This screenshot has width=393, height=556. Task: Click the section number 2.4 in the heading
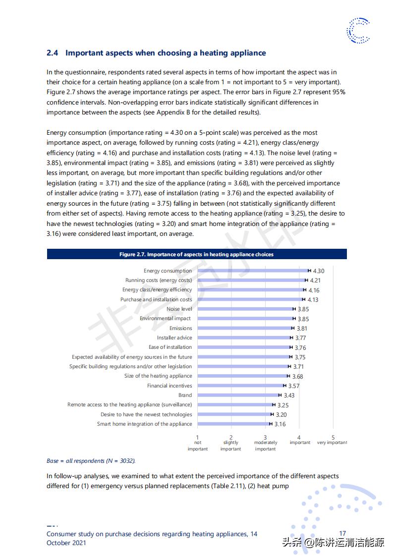53,53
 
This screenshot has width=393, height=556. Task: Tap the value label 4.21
315,280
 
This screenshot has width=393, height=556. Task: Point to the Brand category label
185,395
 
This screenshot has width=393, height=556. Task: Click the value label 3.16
280,424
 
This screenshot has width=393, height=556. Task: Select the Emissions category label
180,329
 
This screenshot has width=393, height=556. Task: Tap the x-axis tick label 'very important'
332,443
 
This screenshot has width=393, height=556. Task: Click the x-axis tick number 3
265,437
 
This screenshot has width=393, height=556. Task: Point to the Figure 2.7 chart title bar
197,255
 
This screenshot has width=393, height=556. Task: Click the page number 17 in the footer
342,534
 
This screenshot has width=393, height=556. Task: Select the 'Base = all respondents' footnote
91,461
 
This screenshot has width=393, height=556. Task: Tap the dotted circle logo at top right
358,30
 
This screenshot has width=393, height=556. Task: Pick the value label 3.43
289,395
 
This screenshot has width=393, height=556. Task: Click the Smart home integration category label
144,424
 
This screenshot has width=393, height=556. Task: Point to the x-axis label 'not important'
198,445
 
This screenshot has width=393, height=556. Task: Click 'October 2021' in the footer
66,543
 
